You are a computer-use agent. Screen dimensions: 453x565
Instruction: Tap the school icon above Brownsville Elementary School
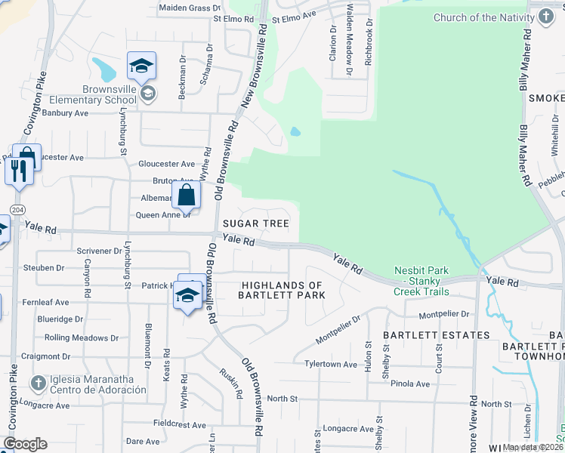[141, 67]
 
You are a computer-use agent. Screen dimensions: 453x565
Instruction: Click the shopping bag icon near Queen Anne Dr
[186, 195]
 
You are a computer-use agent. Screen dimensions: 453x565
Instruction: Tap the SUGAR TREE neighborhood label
[255, 223]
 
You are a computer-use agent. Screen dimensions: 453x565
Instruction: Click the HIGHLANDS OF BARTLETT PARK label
[282, 290]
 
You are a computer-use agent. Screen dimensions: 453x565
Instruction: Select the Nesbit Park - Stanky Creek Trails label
[421, 281]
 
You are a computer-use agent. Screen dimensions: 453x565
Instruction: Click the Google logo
[25, 443]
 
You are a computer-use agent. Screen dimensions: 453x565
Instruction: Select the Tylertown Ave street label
[330, 364]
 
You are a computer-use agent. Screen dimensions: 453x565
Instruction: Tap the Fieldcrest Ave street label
[179, 425]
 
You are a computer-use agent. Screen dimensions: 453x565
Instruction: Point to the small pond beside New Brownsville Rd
[295, 131]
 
